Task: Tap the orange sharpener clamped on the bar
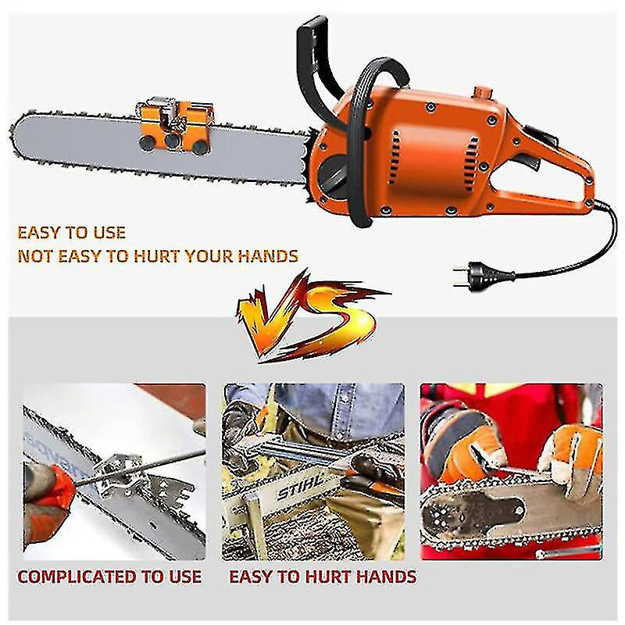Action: (174, 126)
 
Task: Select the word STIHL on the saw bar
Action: (300, 487)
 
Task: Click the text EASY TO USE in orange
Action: (72, 233)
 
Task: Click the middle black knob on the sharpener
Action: (173, 141)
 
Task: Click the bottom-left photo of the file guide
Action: (114, 472)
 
